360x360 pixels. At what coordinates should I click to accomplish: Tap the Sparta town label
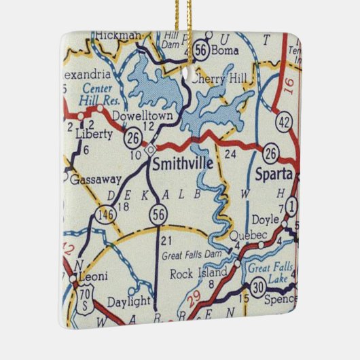pos(273,174)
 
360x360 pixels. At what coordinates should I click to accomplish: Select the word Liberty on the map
pos(94,134)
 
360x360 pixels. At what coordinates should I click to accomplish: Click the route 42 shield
pos(283,123)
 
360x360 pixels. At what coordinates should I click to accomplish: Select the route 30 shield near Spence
pos(258,288)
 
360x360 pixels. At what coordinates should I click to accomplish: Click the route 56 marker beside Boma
pos(200,50)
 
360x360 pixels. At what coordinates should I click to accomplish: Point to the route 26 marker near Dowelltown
pos(132,139)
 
